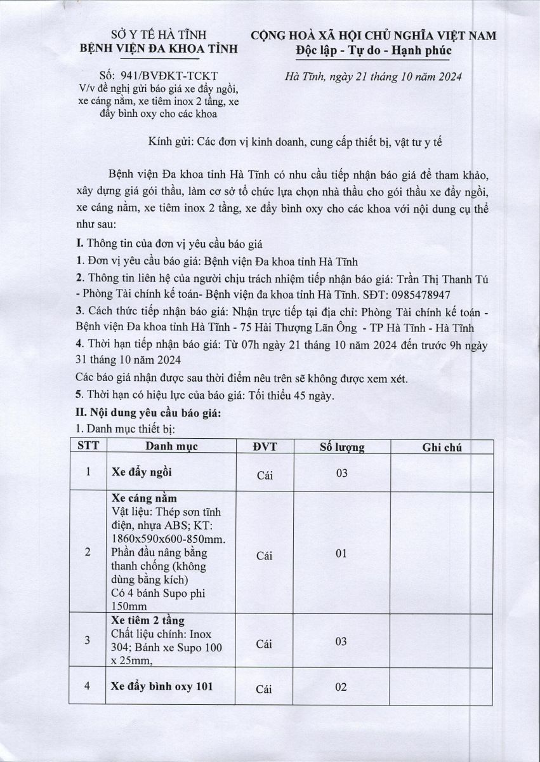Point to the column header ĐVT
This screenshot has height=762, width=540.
coord(265,446)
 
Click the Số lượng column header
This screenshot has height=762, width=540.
coord(341,446)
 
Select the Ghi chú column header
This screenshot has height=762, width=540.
coord(442,447)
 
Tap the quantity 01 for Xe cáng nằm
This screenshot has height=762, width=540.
coord(341,554)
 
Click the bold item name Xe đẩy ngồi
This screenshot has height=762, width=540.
coord(142,472)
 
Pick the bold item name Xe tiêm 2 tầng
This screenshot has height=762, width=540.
coord(148,620)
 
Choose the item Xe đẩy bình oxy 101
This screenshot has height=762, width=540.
coord(162,686)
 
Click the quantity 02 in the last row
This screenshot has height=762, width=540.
coord(341,687)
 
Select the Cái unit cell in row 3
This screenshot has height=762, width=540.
coord(265,644)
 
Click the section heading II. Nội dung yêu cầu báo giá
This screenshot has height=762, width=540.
coord(148,413)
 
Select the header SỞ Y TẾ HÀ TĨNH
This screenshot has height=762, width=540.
coord(158,34)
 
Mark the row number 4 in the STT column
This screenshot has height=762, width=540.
coord(88,686)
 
